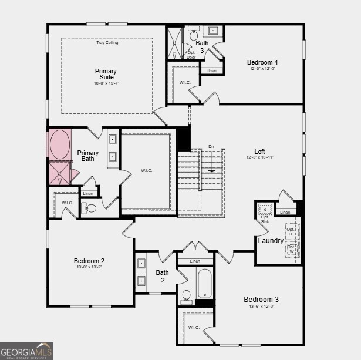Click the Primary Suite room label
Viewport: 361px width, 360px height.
click(106, 75)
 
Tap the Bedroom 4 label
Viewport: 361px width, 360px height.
click(262, 62)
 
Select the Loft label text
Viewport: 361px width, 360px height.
click(259, 151)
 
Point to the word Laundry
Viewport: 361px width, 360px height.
click(271, 241)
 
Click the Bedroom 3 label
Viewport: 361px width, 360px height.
click(261, 300)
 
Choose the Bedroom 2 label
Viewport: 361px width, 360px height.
click(89, 261)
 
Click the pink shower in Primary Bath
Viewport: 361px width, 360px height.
click(59, 174)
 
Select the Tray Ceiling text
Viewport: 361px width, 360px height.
click(107, 43)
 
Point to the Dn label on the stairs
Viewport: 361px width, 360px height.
click(211, 147)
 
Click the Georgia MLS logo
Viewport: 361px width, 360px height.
click(26, 351)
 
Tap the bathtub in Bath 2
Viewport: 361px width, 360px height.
click(204, 283)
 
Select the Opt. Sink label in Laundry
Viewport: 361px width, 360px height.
click(265, 218)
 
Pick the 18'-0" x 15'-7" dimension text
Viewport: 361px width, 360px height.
click(106, 83)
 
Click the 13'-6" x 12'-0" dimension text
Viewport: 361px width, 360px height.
click(261, 307)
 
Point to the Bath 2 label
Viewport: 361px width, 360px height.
click(162, 276)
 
